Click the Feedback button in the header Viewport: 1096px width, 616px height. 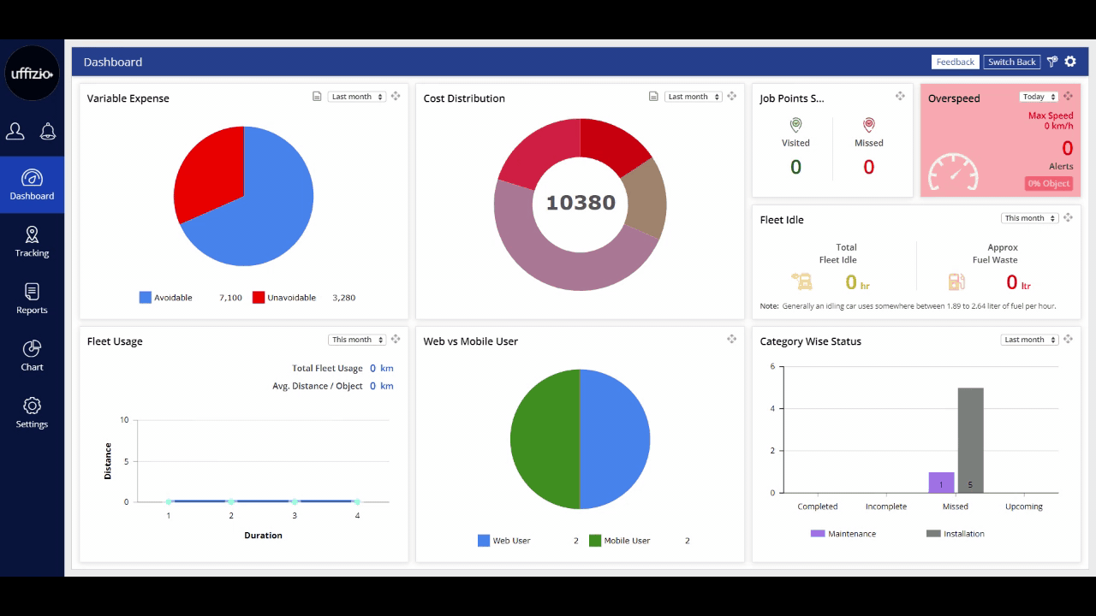955,62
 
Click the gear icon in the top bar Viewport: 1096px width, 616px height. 1070,62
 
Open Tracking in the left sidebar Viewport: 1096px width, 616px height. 32,241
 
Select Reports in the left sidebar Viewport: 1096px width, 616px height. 32,299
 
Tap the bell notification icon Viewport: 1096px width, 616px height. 48,131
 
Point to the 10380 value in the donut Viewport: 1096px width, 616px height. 581,203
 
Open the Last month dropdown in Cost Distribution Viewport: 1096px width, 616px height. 693,97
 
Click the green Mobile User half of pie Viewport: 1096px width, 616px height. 544,440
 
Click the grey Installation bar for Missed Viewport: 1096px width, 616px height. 970,440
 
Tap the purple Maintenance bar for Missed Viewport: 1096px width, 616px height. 941,483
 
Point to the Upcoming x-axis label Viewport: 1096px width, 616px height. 1023,506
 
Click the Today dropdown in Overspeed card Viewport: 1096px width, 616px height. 1038,97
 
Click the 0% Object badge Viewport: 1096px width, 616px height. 1048,183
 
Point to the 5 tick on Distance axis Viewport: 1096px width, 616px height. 125,461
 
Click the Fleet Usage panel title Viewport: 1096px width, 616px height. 115,341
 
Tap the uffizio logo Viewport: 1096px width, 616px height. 32,74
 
